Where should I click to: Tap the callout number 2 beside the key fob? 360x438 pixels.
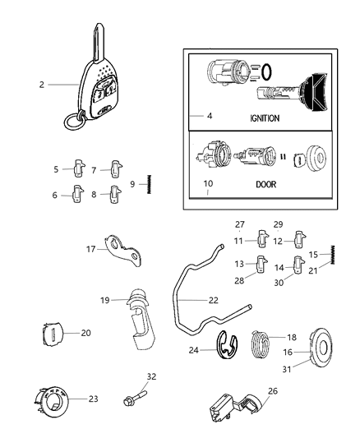click(x=42, y=84)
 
